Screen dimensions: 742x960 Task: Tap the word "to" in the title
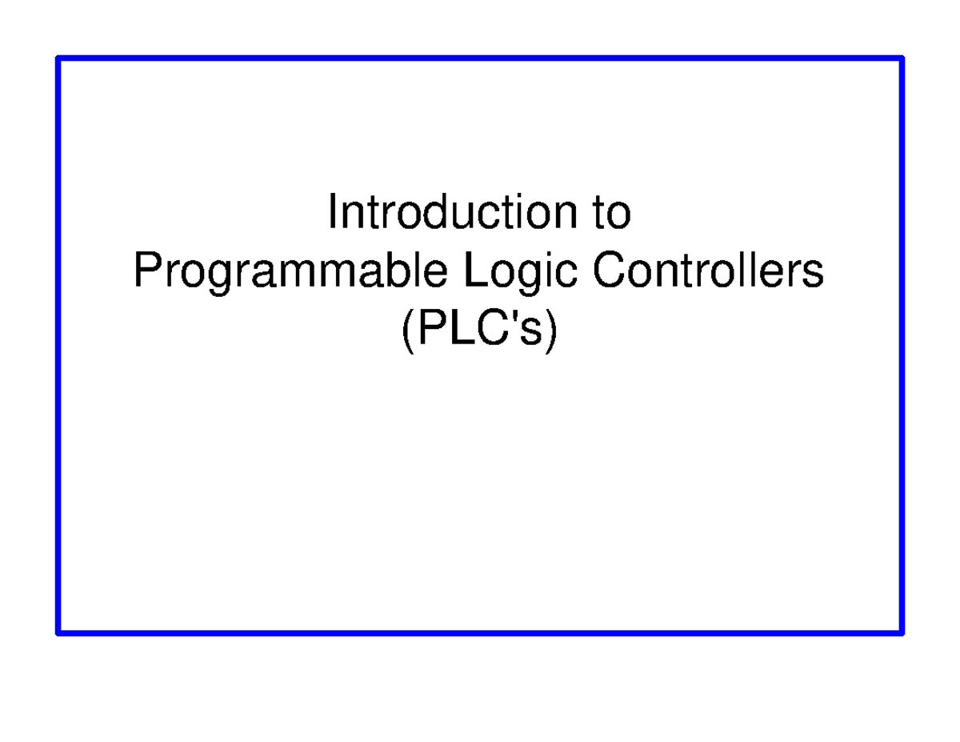(612, 214)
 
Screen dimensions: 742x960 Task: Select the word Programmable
(290, 272)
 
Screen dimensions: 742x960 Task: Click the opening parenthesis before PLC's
(406, 330)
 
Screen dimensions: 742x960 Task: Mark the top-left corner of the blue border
(58, 58)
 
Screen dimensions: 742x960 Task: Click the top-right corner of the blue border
(902, 58)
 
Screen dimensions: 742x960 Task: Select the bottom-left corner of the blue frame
(58, 633)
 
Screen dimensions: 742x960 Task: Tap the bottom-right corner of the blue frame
(902, 633)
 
